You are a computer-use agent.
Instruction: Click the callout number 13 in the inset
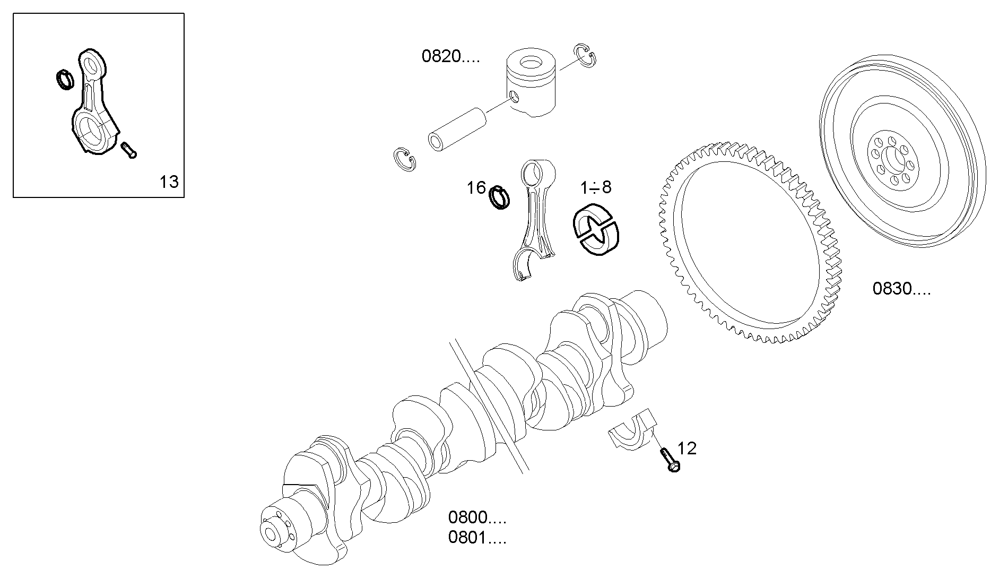[169, 182]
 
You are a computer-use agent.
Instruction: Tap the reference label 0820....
[450, 56]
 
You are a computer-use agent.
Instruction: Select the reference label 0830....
[901, 289]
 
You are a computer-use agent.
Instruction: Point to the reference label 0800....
[476, 517]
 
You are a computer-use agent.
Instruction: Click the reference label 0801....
[476, 538]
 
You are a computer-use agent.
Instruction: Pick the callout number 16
[476, 187]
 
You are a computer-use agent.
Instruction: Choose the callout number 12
[687, 448]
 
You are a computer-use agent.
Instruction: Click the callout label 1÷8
[595, 187]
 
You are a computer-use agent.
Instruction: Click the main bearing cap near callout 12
[632, 431]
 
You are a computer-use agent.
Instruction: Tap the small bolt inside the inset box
[128, 150]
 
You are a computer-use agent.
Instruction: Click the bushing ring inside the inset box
[65, 79]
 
